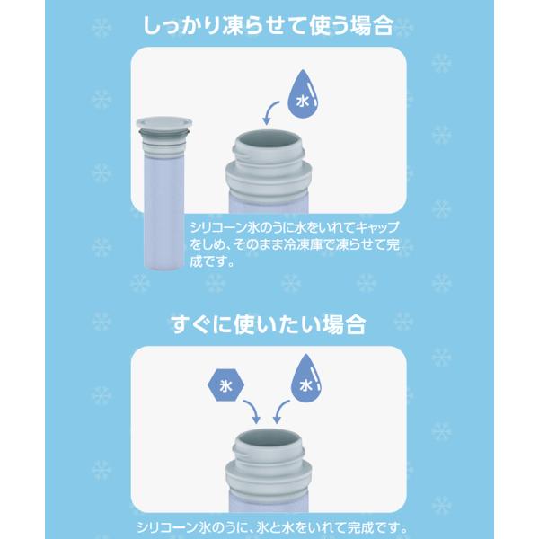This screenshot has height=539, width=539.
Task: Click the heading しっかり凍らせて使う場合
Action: [268, 25]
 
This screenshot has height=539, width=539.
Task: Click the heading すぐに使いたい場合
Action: [268, 324]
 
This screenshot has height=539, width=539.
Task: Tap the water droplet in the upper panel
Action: [303, 94]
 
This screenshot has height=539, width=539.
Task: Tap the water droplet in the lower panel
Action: [306, 378]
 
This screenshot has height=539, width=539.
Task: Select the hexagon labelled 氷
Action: [225, 385]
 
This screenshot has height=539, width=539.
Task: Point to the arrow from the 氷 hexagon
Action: [252, 411]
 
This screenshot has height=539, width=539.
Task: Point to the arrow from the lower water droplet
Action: [280, 411]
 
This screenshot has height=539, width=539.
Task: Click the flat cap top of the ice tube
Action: [164, 122]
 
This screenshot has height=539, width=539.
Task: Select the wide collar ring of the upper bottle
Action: [269, 179]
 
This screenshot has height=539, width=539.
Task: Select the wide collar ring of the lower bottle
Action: [269, 478]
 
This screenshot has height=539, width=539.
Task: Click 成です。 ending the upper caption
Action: [212, 262]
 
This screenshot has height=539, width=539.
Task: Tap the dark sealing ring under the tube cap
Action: [164, 132]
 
